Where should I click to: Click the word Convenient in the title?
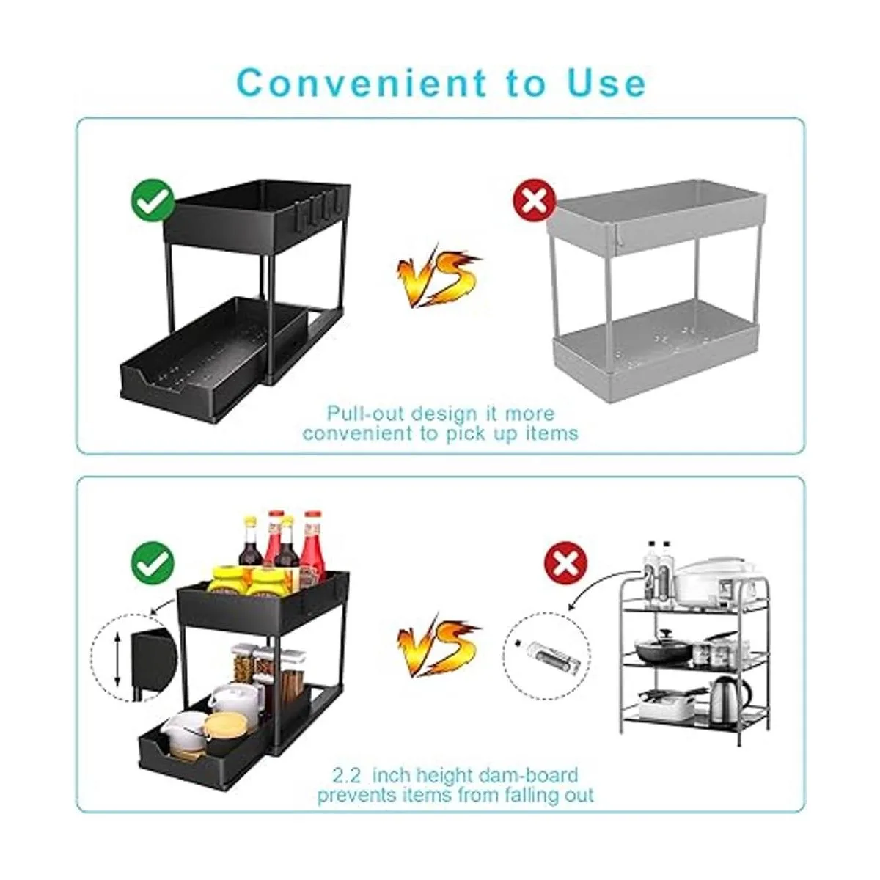click(362, 83)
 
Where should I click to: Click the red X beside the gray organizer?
click(534, 200)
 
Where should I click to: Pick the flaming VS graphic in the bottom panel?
click(438, 645)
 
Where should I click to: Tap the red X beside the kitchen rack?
click(566, 563)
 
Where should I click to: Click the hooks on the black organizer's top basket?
click(318, 211)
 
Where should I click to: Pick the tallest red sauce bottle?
click(313, 546)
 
